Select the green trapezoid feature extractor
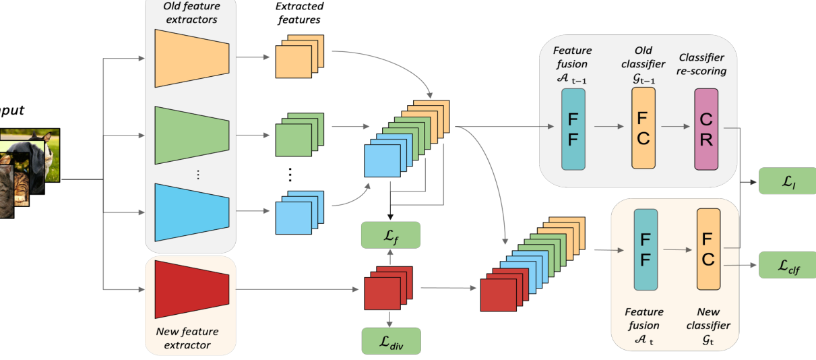pos(191,134)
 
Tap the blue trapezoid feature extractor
pos(191,210)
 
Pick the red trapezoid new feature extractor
pos(191,289)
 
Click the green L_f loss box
pos(390,235)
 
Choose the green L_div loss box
pos(391,341)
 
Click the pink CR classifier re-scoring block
pos(706,129)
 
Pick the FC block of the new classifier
pos(708,249)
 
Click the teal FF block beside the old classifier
pos(573,129)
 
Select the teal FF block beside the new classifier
pos(646,249)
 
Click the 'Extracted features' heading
pos(300,13)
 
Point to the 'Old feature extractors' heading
pos(191,13)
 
